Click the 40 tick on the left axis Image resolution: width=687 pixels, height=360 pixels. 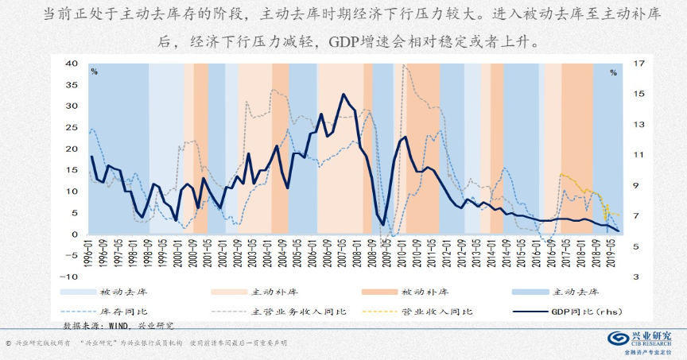coord(72,64)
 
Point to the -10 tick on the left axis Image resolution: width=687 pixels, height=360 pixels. coord(69,277)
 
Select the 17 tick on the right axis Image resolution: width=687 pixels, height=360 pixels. coord(615,64)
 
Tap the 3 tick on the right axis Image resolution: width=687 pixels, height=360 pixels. coord(613,277)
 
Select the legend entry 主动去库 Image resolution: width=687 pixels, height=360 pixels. coord(574,292)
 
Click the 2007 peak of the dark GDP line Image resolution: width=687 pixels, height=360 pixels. coord(343,95)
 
